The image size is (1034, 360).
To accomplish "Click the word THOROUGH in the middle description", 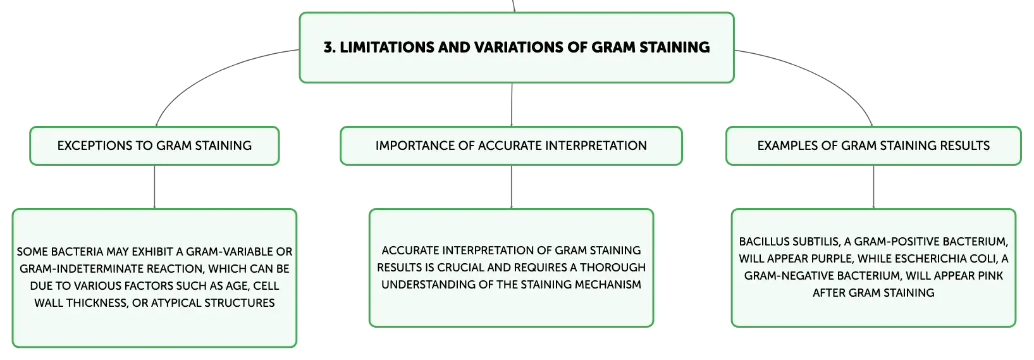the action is click(x=613, y=268).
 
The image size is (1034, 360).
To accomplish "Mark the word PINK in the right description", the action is click(x=990, y=276).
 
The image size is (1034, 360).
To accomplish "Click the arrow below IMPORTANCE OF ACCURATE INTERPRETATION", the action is click(x=512, y=187).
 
